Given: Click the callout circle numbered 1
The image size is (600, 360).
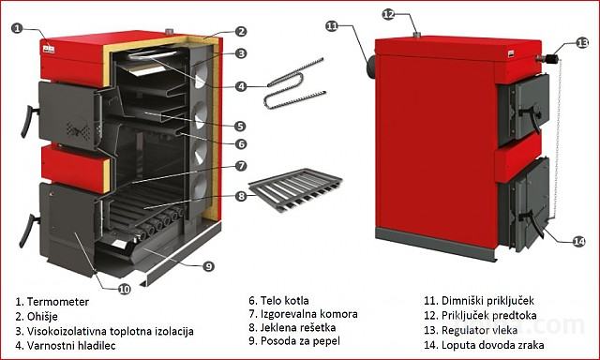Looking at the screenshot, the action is pyautogui.click(x=17, y=28).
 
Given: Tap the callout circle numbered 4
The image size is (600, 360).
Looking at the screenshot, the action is pyautogui.click(x=241, y=86).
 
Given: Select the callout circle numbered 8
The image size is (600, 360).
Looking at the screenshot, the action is pyautogui.click(x=241, y=197).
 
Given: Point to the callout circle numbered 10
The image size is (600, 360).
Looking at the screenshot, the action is pyautogui.click(x=124, y=290).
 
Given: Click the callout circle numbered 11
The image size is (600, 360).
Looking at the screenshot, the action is pyautogui.click(x=332, y=26).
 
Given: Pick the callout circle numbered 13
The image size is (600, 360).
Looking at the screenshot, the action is pyautogui.click(x=582, y=43).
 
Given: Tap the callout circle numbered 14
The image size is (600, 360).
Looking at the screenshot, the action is pyautogui.click(x=578, y=241).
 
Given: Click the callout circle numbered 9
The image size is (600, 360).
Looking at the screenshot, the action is pyautogui.click(x=208, y=266).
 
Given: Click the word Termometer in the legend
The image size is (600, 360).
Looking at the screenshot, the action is pyautogui.click(x=58, y=302).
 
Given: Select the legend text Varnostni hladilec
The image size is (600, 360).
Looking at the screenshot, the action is pyautogui.click(x=71, y=346).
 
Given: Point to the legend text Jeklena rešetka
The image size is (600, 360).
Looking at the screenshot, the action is pyautogui.click(x=298, y=327).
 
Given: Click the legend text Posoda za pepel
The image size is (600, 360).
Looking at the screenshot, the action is pyautogui.click(x=300, y=341).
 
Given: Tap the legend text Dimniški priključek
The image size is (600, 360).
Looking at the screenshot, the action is pyautogui.click(x=487, y=301).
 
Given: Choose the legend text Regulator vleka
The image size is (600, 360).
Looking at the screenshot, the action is pyautogui.click(x=479, y=330).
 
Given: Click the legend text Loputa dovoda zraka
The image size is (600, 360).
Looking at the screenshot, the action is pyautogui.click(x=492, y=345).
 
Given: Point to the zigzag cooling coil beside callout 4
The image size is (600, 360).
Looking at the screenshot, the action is pyautogui.click(x=294, y=83).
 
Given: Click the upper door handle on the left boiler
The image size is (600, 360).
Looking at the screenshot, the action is pyautogui.click(x=28, y=121).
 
